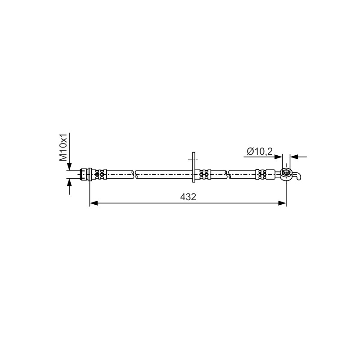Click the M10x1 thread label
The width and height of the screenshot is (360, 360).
[63, 147]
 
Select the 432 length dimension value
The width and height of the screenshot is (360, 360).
[188, 197]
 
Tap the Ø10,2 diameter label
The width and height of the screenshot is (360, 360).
[260, 152]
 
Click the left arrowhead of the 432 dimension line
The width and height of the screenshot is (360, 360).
[94, 203]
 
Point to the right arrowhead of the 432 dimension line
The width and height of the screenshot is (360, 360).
[282, 203]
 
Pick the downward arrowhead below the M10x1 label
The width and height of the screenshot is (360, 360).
[69, 166]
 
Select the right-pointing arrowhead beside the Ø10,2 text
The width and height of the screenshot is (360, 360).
[278, 157]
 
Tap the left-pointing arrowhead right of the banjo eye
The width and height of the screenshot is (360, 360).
[294, 157]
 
